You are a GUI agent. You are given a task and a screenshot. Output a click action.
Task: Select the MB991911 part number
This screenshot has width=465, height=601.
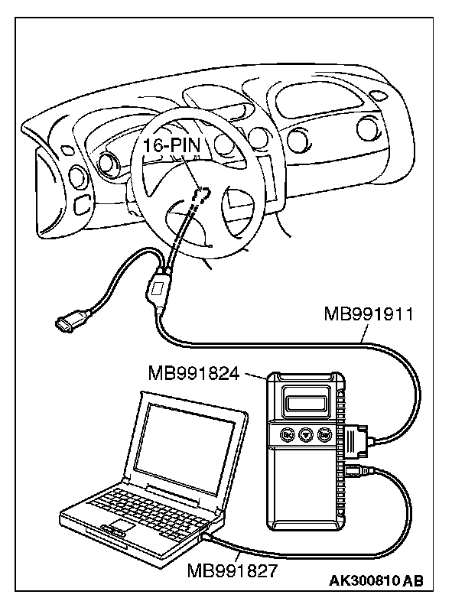(x=368, y=315)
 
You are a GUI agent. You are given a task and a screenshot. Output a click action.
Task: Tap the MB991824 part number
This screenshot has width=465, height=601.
(x=195, y=374)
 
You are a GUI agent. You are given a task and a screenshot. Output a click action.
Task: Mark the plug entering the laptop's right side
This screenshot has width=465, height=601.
(x=207, y=538)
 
